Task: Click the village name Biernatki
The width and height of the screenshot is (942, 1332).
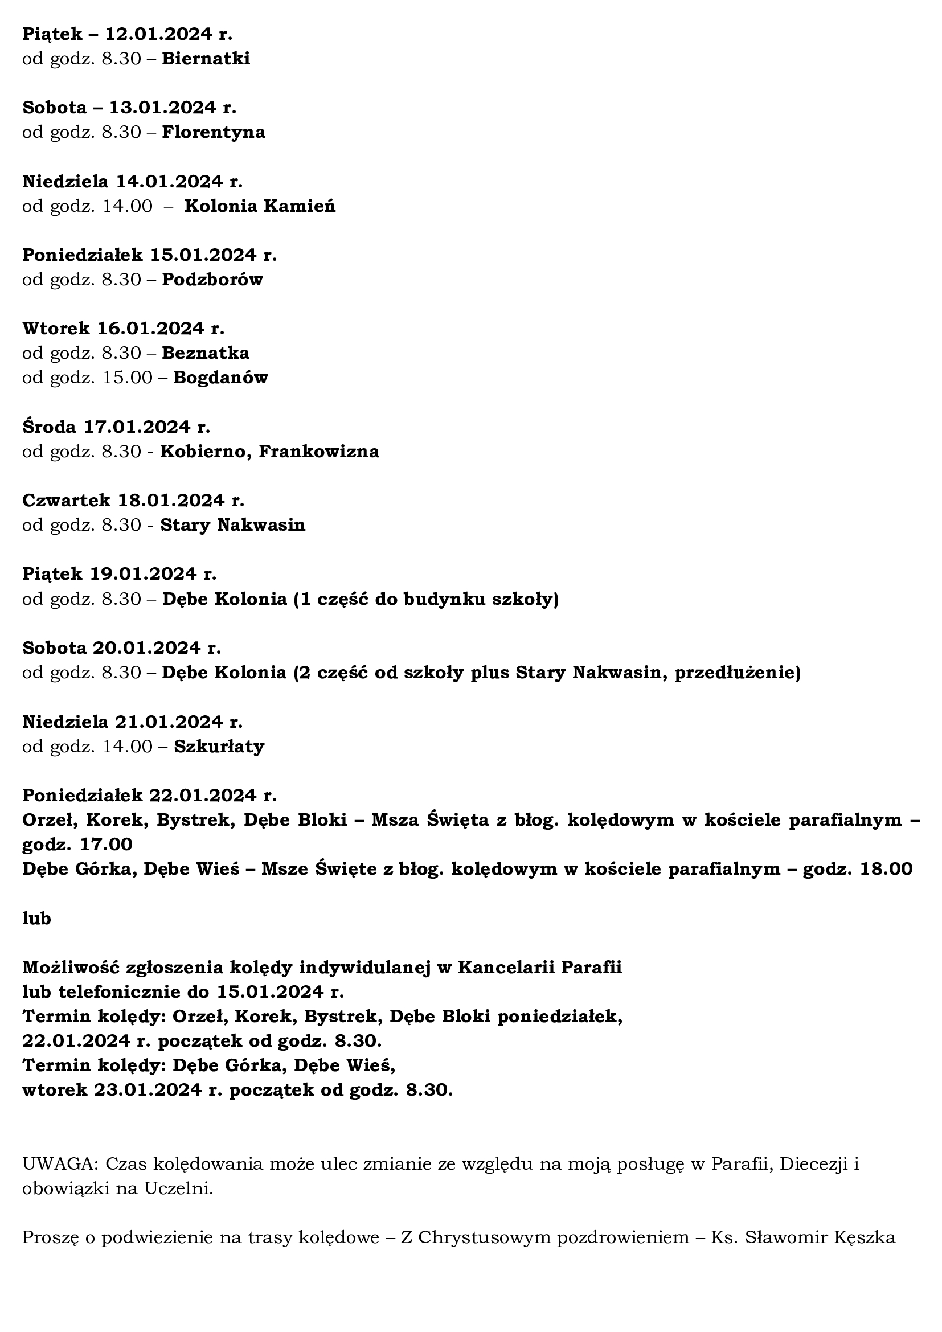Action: click(x=206, y=59)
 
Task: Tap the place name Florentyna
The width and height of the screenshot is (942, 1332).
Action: click(x=214, y=132)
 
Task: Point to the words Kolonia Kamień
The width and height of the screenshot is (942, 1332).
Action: click(x=260, y=206)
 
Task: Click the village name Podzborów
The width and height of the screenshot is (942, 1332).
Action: click(x=212, y=280)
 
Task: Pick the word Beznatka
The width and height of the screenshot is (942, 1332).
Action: click(x=206, y=353)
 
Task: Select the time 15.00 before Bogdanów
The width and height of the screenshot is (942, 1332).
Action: click(x=128, y=378)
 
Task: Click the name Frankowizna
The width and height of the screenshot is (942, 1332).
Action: click(x=318, y=452)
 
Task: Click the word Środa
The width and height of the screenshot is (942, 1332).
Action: click(x=50, y=427)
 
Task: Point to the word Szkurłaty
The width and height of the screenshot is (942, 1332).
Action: click(x=219, y=746)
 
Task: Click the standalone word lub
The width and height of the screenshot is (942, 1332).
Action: click(x=36, y=919)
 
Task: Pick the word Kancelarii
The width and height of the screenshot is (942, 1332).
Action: click(x=510, y=967)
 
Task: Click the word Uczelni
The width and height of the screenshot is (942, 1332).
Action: click(x=178, y=1188)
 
